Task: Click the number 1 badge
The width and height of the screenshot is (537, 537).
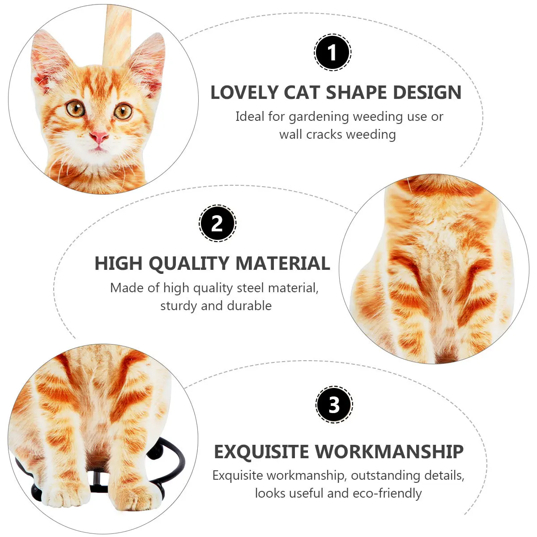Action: (x=332, y=53)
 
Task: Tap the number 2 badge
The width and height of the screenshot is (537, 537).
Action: (x=217, y=223)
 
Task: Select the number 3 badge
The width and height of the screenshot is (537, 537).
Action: (x=334, y=405)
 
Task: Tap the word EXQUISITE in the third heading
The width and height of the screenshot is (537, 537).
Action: (x=261, y=452)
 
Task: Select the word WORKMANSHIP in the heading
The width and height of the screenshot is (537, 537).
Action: (x=389, y=452)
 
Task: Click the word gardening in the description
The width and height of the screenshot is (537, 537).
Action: (x=319, y=117)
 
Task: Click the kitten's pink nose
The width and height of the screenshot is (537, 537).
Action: (x=99, y=136)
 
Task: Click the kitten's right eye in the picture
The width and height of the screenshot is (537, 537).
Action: (x=122, y=111)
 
